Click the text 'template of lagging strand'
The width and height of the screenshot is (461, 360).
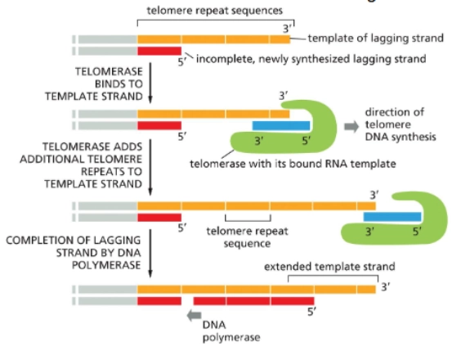tap(376, 38)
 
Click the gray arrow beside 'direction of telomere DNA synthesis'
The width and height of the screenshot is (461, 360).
tap(351, 126)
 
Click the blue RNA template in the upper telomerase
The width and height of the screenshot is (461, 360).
tap(281, 125)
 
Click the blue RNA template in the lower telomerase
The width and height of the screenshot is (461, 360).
tap(392, 217)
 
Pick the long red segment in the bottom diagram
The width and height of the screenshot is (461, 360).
tap(253, 301)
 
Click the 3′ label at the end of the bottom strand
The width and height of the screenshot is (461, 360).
tap(387, 287)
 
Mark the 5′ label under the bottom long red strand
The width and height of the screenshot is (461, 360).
tap(311, 313)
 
